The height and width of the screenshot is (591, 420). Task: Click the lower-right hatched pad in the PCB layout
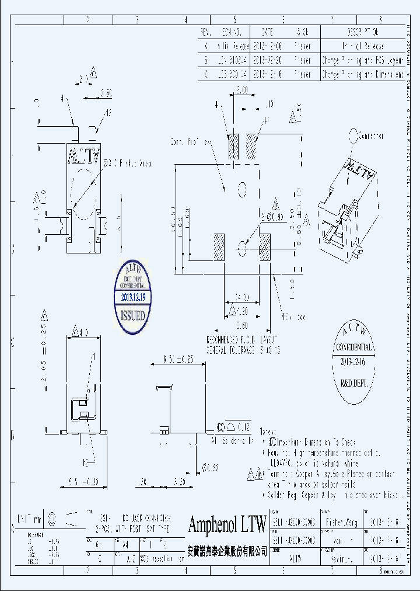(x=264, y=247)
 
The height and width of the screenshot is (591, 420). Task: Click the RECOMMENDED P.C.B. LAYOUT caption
(x=241, y=340)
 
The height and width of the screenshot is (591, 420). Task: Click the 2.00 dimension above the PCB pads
(x=242, y=91)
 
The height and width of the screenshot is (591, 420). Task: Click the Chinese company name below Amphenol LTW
(x=227, y=550)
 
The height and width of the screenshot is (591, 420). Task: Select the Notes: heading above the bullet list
(x=269, y=429)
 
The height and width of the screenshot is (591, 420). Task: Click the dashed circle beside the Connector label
(x=353, y=137)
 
